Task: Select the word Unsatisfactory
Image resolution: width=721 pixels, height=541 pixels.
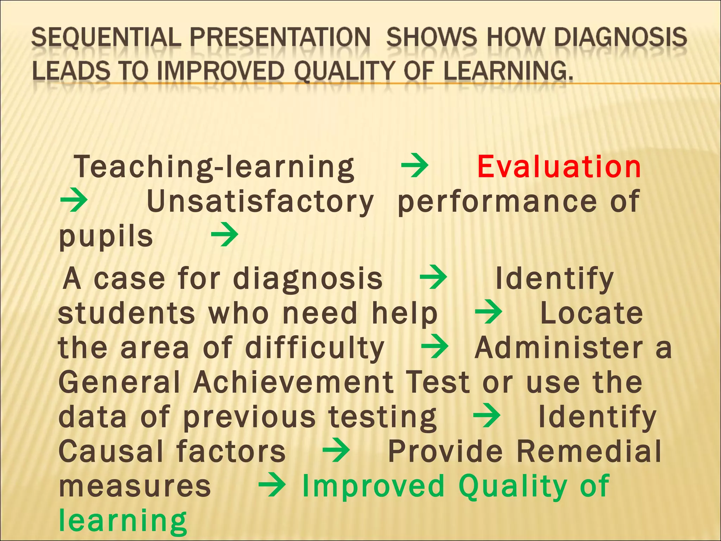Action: tap(260, 201)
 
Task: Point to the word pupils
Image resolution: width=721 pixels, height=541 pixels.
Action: tap(106, 237)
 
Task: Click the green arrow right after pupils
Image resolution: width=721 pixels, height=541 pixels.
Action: tap(225, 235)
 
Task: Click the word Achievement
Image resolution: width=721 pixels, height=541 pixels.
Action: tap(294, 383)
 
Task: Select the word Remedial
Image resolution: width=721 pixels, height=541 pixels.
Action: tap(589, 452)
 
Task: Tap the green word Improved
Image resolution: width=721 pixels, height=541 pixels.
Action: tap(374, 486)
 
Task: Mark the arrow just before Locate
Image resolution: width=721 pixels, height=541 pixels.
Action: tap(488, 311)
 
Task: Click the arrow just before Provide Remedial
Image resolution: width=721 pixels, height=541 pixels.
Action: tap(336, 449)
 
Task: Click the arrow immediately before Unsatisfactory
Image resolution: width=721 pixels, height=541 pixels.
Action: tap(74, 200)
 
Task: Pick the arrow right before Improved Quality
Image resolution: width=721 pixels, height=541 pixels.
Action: tap(271, 484)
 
